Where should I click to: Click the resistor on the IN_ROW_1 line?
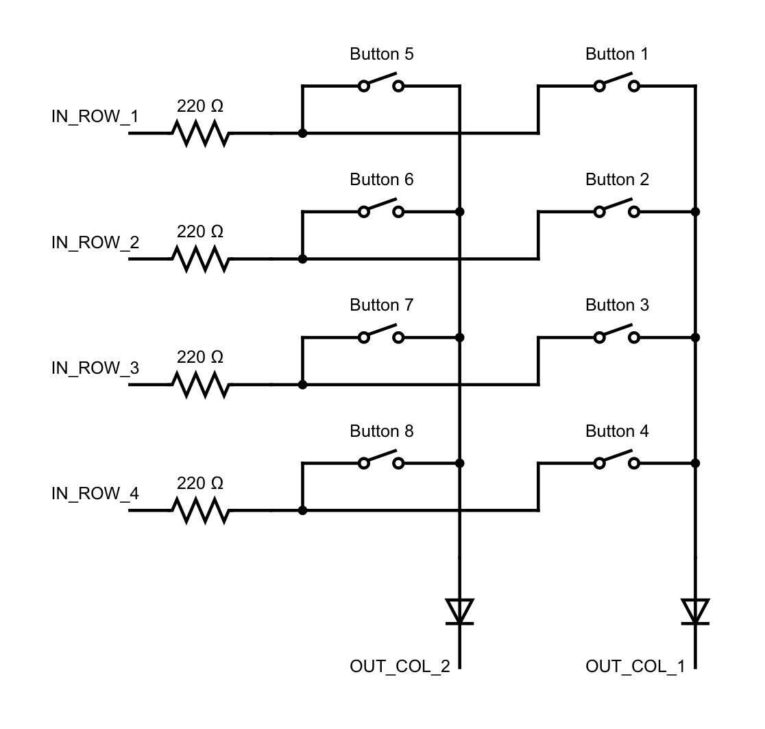tap(200, 133)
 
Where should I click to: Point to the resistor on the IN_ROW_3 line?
tap(200, 385)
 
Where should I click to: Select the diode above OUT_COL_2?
tap(459, 611)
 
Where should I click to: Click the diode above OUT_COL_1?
tap(695, 611)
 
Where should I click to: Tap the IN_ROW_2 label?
tap(95, 243)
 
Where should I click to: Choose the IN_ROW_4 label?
tap(95, 494)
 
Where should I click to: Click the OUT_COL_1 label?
tap(635, 667)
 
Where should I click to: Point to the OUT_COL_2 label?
tap(400, 667)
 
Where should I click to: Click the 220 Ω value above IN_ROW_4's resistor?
tap(200, 484)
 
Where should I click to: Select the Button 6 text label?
tap(382, 180)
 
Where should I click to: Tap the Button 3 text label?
tap(617, 305)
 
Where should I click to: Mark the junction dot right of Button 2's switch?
tap(695, 212)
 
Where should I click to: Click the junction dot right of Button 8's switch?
tap(459, 464)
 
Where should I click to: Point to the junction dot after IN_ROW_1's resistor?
tap(302, 133)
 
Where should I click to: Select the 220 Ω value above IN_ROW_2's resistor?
tap(200, 232)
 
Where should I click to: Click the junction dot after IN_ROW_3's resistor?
tap(302, 385)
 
